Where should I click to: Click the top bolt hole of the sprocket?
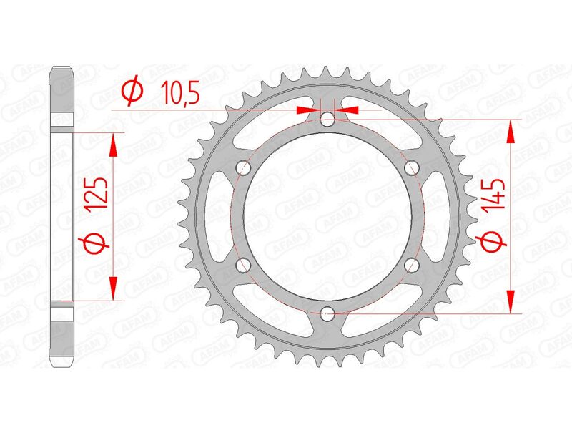pyautogui.click(x=327, y=120)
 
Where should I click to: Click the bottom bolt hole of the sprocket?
pyautogui.click(x=327, y=313)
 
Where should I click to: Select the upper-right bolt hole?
pyautogui.click(x=411, y=167)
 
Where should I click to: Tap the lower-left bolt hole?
pyautogui.click(x=244, y=264)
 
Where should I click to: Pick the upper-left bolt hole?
pyautogui.click(x=244, y=167)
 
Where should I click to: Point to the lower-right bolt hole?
pyautogui.click(x=411, y=264)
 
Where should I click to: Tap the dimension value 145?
pyautogui.click(x=497, y=195)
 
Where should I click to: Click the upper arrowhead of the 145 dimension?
pyautogui.click(x=511, y=130)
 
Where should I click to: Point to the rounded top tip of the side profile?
pyautogui.click(x=63, y=70)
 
